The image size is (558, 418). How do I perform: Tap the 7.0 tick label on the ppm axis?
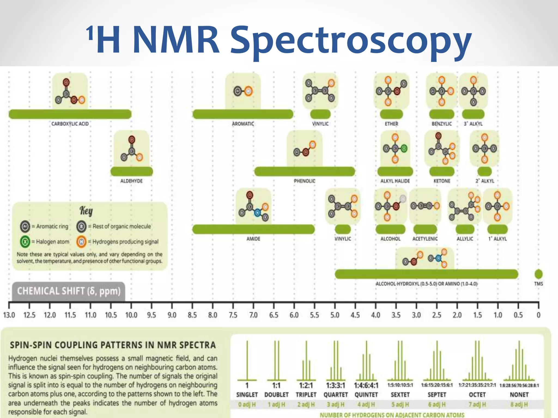click(253, 315)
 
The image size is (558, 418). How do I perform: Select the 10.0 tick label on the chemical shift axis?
click(131, 315)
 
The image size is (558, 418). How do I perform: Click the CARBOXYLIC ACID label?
click(70, 124)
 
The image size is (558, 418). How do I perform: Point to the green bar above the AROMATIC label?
click(243, 114)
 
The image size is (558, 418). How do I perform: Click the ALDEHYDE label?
click(131, 181)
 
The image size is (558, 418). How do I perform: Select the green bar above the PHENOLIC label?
click(304, 171)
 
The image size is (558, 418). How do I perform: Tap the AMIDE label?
click(253, 239)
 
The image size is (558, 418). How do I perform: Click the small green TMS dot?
click(538, 274)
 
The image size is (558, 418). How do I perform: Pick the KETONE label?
click(442, 181)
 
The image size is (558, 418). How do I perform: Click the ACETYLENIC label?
click(425, 239)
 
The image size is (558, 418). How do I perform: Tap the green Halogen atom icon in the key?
click(25, 241)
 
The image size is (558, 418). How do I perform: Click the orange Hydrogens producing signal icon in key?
click(81, 241)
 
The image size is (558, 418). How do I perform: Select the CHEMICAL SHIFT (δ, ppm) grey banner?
click(69, 291)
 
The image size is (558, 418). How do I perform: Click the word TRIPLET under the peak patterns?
click(306, 395)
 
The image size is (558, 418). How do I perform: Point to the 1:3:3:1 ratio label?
click(335, 386)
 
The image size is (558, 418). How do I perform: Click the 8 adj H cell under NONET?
click(519, 405)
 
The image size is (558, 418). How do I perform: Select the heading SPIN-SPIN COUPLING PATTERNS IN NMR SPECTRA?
click(113, 345)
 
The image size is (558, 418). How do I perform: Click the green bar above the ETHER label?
click(391, 114)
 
